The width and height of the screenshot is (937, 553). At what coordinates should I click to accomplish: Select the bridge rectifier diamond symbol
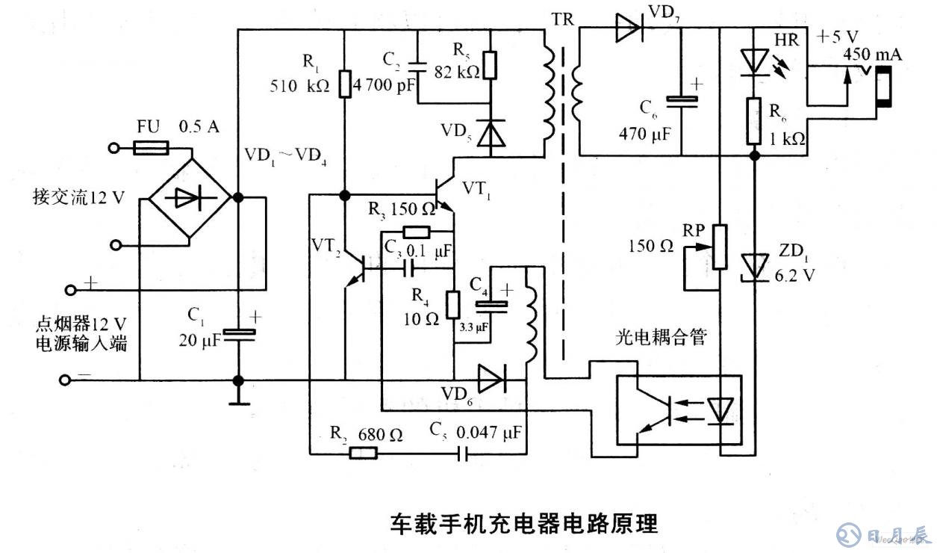(x=190, y=199)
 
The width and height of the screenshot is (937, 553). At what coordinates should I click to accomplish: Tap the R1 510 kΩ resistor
(x=344, y=84)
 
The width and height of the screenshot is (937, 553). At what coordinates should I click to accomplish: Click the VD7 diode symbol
(x=629, y=28)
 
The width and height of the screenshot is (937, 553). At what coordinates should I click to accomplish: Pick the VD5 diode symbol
(x=490, y=133)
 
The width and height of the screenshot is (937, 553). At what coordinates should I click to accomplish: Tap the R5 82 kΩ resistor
(x=490, y=65)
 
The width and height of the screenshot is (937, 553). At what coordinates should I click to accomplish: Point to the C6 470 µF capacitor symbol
(x=682, y=101)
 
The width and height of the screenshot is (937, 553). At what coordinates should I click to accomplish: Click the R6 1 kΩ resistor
(x=754, y=120)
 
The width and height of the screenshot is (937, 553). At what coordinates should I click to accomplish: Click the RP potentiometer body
(x=719, y=246)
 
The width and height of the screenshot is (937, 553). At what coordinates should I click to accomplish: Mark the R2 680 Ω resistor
(x=363, y=453)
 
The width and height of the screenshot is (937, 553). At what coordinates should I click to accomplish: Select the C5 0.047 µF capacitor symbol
(x=463, y=453)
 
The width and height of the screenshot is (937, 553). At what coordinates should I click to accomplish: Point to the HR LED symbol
(x=754, y=61)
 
